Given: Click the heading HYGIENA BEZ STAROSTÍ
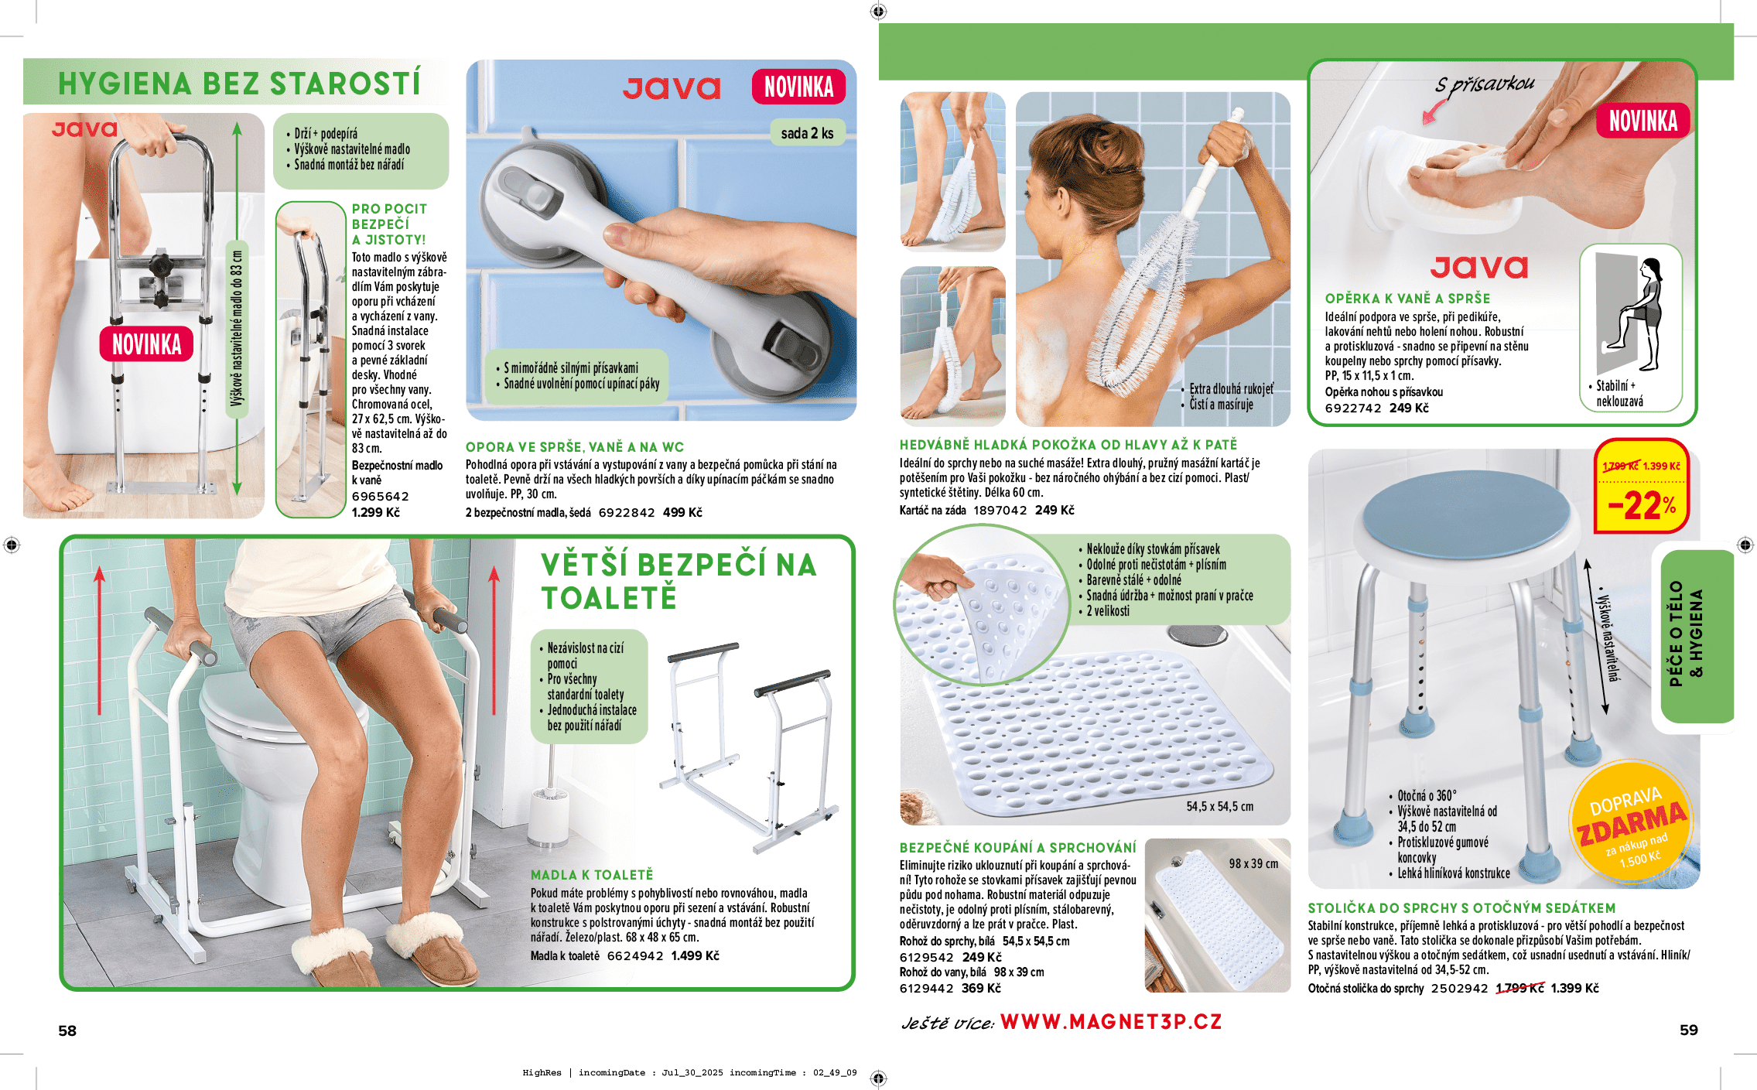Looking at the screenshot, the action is (239, 84).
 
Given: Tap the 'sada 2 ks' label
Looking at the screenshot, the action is (807, 133).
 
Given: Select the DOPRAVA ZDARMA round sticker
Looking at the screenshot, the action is (1632, 827).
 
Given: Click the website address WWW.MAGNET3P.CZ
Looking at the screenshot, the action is (1111, 1022).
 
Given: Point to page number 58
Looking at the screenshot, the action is (67, 1030).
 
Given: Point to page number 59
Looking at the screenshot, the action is (1689, 1030).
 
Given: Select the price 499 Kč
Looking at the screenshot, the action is (682, 512).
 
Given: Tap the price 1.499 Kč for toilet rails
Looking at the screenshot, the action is (695, 955).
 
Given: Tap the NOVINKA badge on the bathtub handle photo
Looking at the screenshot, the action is (146, 344).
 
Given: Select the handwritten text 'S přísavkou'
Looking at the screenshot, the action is (1485, 84).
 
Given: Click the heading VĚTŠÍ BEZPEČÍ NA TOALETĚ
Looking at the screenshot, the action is (678, 581).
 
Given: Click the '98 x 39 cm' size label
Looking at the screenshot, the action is (1253, 863).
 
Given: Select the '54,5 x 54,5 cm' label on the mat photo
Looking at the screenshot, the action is (1220, 806).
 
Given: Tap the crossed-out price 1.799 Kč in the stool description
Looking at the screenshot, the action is (1519, 988).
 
